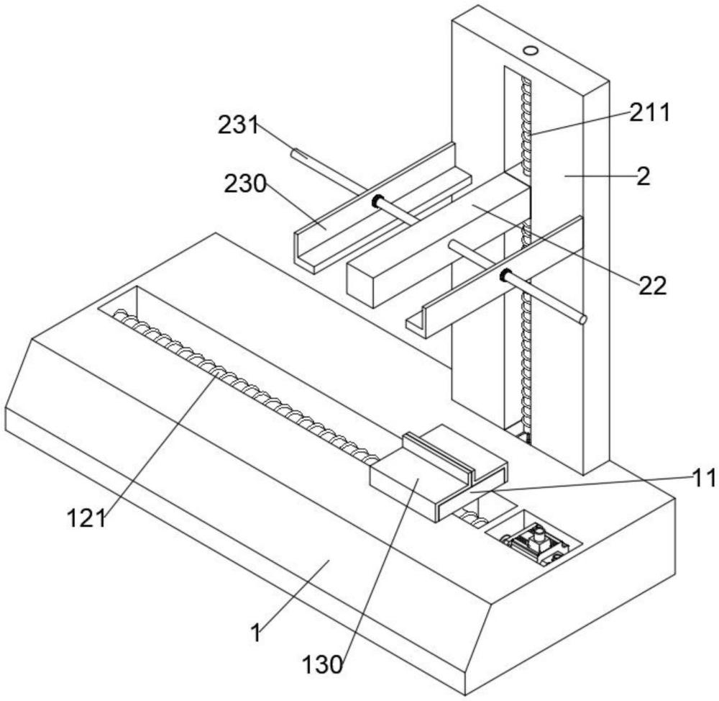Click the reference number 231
click(x=238, y=125)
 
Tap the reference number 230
click(x=245, y=184)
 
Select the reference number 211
click(x=649, y=112)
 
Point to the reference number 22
click(x=653, y=286)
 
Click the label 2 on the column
click(x=644, y=176)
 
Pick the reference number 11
click(x=705, y=478)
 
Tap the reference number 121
click(x=87, y=519)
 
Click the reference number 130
click(x=322, y=664)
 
